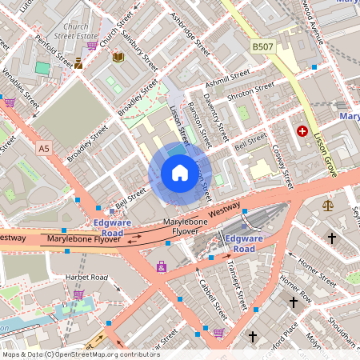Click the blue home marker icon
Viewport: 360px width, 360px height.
pyautogui.click(x=180, y=173)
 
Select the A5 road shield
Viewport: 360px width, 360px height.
pyautogui.click(x=43, y=148)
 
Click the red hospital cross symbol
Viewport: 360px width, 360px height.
pyautogui.click(x=302, y=130)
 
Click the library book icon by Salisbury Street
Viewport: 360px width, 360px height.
pyautogui.click(x=118, y=57)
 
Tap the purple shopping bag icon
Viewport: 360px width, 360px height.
pyautogui.click(x=162, y=266)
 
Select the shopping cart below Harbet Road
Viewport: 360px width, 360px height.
pyautogui.click(x=78, y=294)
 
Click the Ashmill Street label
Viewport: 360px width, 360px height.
pyautogui.click(x=228, y=80)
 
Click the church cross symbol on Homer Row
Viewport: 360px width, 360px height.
pyautogui.click(x=294, y=302)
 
